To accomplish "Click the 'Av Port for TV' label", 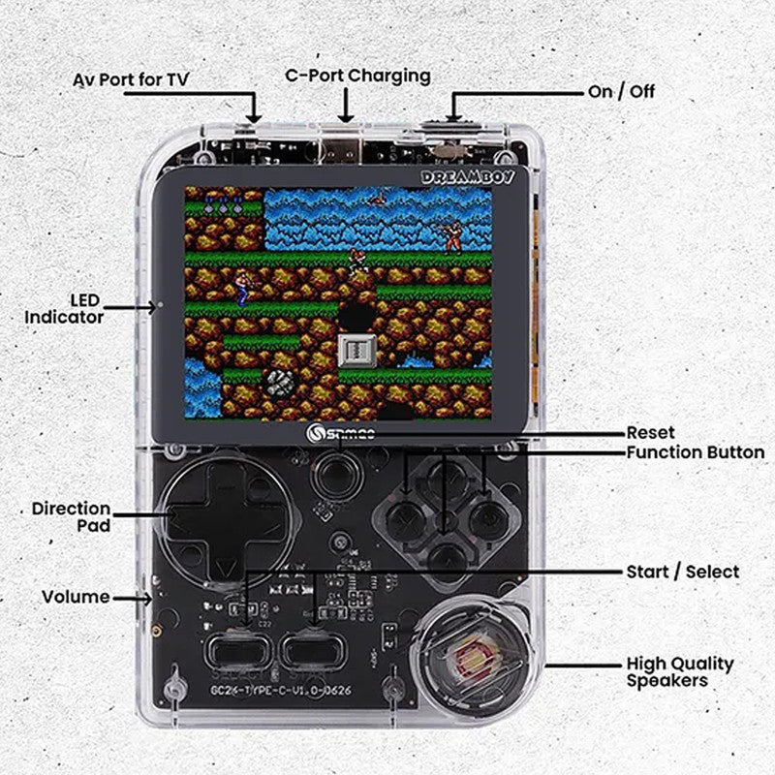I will point(132,78).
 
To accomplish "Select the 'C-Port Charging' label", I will point(357,75).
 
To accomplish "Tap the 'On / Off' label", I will point(621,91).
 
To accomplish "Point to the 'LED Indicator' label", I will point(64,308).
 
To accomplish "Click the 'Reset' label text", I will point(650,432).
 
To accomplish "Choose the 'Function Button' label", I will point(695,452).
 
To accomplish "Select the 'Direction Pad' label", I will point(71,516).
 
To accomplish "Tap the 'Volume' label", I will point(76,597).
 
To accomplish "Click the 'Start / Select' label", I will point(682,572).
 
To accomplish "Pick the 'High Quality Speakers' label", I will point(679,672).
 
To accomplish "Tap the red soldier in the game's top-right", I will point(450,233).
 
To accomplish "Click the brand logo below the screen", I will point(336,437).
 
